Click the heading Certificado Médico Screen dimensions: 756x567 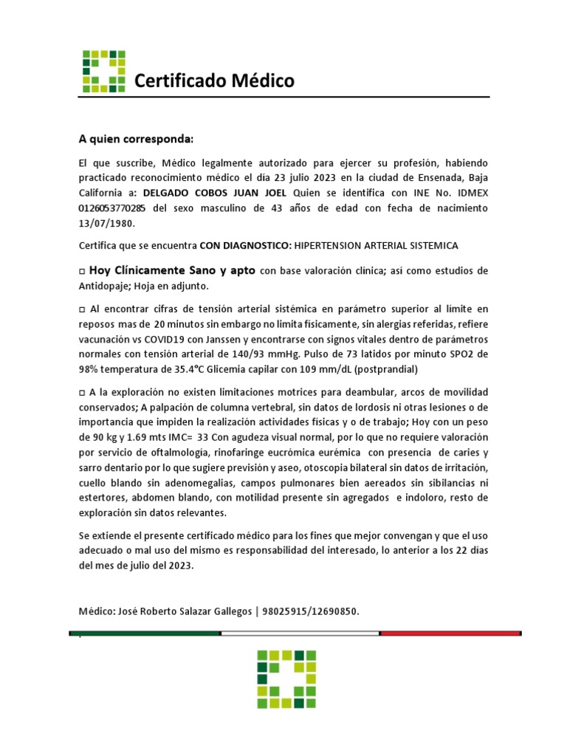pyautogui.click(x=213, y=80)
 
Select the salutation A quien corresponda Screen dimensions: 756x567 pyautogui.click(x=136, y=139)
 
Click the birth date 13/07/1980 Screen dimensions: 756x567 pyautogui.click(x=107, y=223)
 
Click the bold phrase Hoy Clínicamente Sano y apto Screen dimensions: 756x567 pyautogui.click(x=171, y=270)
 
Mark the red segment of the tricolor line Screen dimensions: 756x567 pyautogui.click(x=450, y=633)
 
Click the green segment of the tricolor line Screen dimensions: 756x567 pyautogui.click(x=145, y=633)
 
